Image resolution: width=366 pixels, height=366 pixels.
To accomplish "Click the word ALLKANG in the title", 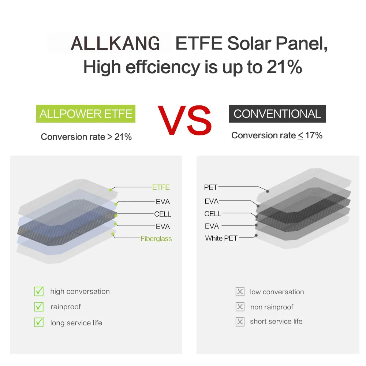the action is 115,44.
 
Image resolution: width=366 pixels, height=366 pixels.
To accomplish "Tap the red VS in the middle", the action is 185,120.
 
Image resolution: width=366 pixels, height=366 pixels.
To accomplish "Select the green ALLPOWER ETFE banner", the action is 86,114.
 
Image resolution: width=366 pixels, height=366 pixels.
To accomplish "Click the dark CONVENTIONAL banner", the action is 277,114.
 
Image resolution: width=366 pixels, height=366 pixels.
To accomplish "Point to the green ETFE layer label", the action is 161,187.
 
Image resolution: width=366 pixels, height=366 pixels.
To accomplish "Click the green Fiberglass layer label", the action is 156,239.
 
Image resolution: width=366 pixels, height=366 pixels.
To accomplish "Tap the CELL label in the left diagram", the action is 163,214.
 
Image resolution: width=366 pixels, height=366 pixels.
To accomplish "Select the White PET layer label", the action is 221,238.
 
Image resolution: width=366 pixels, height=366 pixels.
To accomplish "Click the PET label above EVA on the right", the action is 211,187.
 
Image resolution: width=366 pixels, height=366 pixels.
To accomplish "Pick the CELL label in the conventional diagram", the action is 213,214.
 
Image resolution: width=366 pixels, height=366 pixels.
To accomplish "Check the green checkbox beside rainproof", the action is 39,306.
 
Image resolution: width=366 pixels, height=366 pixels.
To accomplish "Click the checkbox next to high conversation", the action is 39,291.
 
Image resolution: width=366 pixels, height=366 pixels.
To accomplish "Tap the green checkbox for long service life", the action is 39,322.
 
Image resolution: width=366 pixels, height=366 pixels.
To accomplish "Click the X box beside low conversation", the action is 240,292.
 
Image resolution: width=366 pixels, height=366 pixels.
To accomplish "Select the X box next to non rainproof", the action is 240,307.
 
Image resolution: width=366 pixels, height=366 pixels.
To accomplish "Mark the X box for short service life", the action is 240,322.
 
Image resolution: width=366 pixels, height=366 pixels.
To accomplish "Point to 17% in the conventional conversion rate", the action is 314,135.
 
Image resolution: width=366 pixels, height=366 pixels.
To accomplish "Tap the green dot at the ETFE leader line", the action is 111,190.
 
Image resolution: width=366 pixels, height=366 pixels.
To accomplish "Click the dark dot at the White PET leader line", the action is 256,235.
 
